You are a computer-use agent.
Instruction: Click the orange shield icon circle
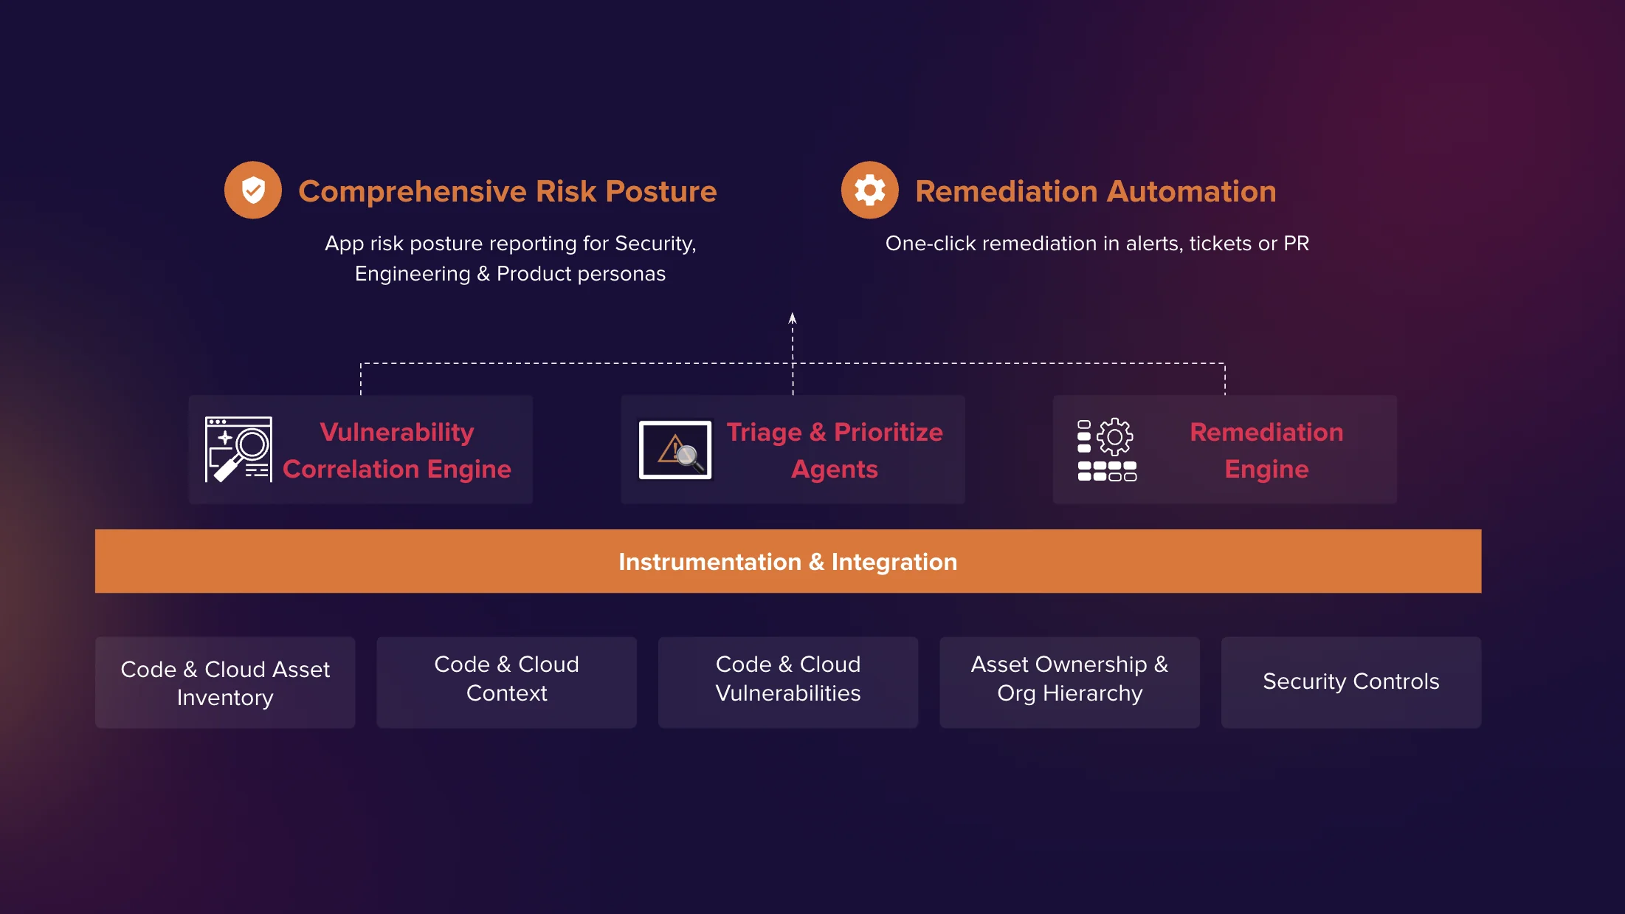tap(253, 190)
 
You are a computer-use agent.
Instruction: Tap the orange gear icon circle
tap(870, 190)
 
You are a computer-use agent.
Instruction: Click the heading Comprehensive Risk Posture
tap(508, 191)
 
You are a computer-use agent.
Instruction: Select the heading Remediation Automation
tap(1096, 191)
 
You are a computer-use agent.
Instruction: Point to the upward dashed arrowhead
tap(793, 318)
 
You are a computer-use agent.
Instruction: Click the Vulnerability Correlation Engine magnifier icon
tap(238, 450)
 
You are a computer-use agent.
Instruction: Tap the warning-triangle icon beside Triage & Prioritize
tap(675, 450)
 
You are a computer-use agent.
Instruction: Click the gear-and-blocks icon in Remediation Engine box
tap(1107, 450)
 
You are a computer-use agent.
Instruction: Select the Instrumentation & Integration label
tap(788, 562)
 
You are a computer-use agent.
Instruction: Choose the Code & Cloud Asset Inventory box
tap(225, 682)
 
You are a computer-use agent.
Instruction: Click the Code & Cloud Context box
tap(507, 682)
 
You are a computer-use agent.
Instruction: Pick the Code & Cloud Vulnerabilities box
tap(788, 682)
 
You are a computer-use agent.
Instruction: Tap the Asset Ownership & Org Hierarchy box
tap(1070, 682)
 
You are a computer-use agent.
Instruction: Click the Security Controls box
tap(1351, 682)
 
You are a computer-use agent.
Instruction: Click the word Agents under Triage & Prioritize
tap(835, 470)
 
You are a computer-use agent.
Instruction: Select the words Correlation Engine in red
tap(397, 470)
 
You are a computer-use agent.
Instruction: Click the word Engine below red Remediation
tap(1266, 470)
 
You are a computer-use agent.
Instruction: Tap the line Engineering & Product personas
tap(510, 274)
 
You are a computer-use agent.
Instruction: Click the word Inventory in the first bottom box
tap(225, 698)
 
